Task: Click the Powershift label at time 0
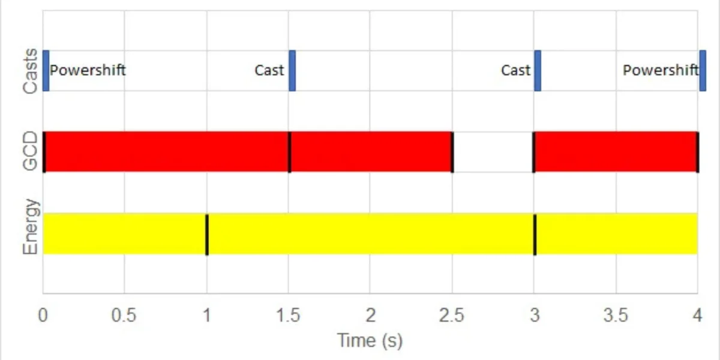click(88, 70)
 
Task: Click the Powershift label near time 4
click(661, 70)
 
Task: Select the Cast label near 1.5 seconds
click(269, 70)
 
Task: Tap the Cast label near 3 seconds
click(515, 70)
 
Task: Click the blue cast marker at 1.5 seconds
click(292, 71)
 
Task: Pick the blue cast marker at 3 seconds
click(538, 71)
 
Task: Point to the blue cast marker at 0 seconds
click(46, 71)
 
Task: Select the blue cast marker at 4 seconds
click(703, 71)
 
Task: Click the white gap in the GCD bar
click(493, 152)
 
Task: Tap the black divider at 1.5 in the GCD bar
click(290, 152)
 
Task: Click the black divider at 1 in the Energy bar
click(207, 234)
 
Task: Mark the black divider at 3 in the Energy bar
click(535, 234)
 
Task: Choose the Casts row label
click(30, 71)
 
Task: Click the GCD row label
click(30, 152)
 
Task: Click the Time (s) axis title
click(370, 341)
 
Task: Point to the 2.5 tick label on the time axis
click(452, 316)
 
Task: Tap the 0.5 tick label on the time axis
click(124, 316)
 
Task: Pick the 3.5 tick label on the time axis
click(616, 316)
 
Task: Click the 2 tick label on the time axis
click(370, 316)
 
